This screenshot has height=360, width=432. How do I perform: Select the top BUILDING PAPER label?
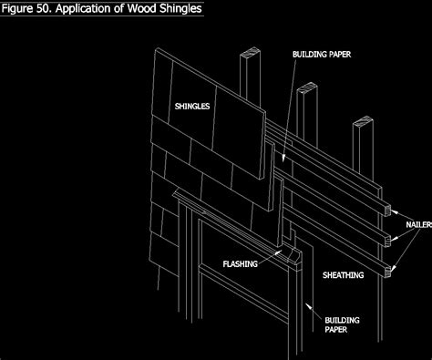[x=322, y=55]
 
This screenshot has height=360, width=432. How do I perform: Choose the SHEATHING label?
[x=344, y=274]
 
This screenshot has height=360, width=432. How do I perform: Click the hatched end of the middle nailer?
[x=389, y=240]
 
